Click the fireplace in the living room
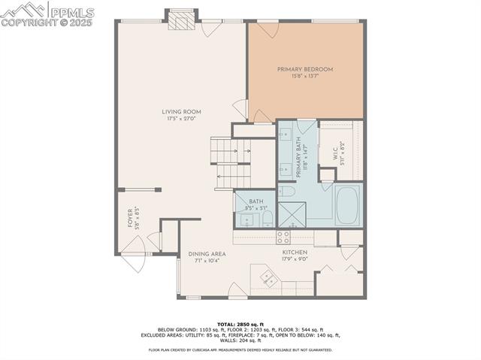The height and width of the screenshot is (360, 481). coord(181,22)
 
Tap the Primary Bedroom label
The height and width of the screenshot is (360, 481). coord(304,69)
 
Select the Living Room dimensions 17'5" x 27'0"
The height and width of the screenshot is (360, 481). coord(181,119)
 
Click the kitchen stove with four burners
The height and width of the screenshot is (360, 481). coord(284,237)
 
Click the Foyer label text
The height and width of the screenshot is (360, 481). coord(129,218)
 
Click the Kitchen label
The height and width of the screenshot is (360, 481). coord(294,253)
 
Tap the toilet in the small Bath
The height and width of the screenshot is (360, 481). coord(267,218)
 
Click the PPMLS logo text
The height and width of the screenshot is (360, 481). coord(71,11)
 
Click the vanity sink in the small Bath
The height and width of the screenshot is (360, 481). coord(247,219)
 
